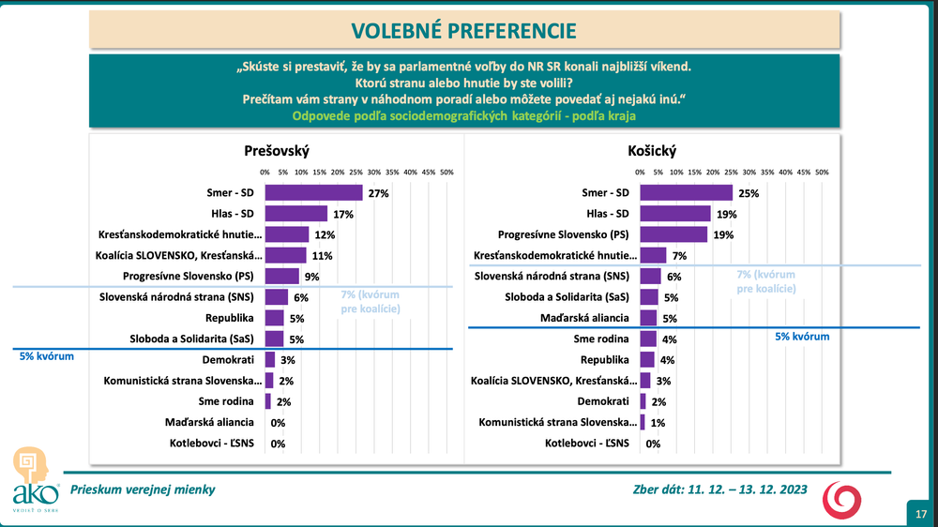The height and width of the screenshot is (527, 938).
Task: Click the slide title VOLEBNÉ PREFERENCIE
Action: (463, 30)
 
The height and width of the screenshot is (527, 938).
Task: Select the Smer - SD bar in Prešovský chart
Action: (313, 192)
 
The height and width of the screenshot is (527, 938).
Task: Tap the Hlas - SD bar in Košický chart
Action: (673, 214)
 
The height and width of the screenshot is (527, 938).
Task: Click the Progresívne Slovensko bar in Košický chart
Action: (673, 234)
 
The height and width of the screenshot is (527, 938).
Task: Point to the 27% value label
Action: (378, 193)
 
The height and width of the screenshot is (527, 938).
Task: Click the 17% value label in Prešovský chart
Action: (342, 214)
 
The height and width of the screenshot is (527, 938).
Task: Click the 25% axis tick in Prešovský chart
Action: (356, 173)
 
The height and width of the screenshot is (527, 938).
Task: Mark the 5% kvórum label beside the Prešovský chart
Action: (47, 356)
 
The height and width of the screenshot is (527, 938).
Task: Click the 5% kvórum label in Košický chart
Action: (802, 336)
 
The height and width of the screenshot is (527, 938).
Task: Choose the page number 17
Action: (920, 513)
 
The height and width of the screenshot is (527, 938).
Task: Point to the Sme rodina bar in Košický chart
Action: (647, 339)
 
